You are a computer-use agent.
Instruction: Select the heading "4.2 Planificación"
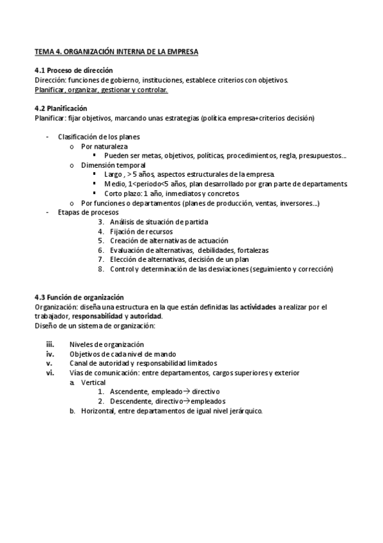click(x=61, y=108)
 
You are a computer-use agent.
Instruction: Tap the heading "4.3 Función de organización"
click(x=79, y=297)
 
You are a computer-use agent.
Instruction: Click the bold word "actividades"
click(x=258, y=307)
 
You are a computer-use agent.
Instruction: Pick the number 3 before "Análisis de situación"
click(x=100, y=222)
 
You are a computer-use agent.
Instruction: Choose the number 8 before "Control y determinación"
click(x=100, y=270)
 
